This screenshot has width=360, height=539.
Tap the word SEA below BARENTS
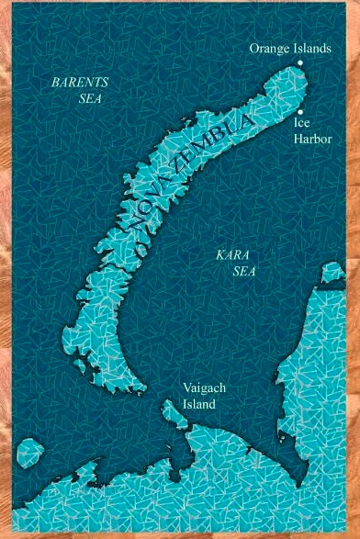click(x=89, y=98)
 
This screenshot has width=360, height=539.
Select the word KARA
click(x=228, y=254)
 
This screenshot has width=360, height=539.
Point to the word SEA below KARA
click(x=242, y=271)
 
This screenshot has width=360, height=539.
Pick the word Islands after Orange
click(x=313, y=48)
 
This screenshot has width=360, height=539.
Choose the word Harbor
click(x=312, y=138)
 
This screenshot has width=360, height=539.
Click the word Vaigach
click(x=203, y=388)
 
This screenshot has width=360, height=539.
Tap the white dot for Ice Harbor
click(x=299, y=110)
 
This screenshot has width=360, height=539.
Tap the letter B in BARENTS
click(x=55, y=83)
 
